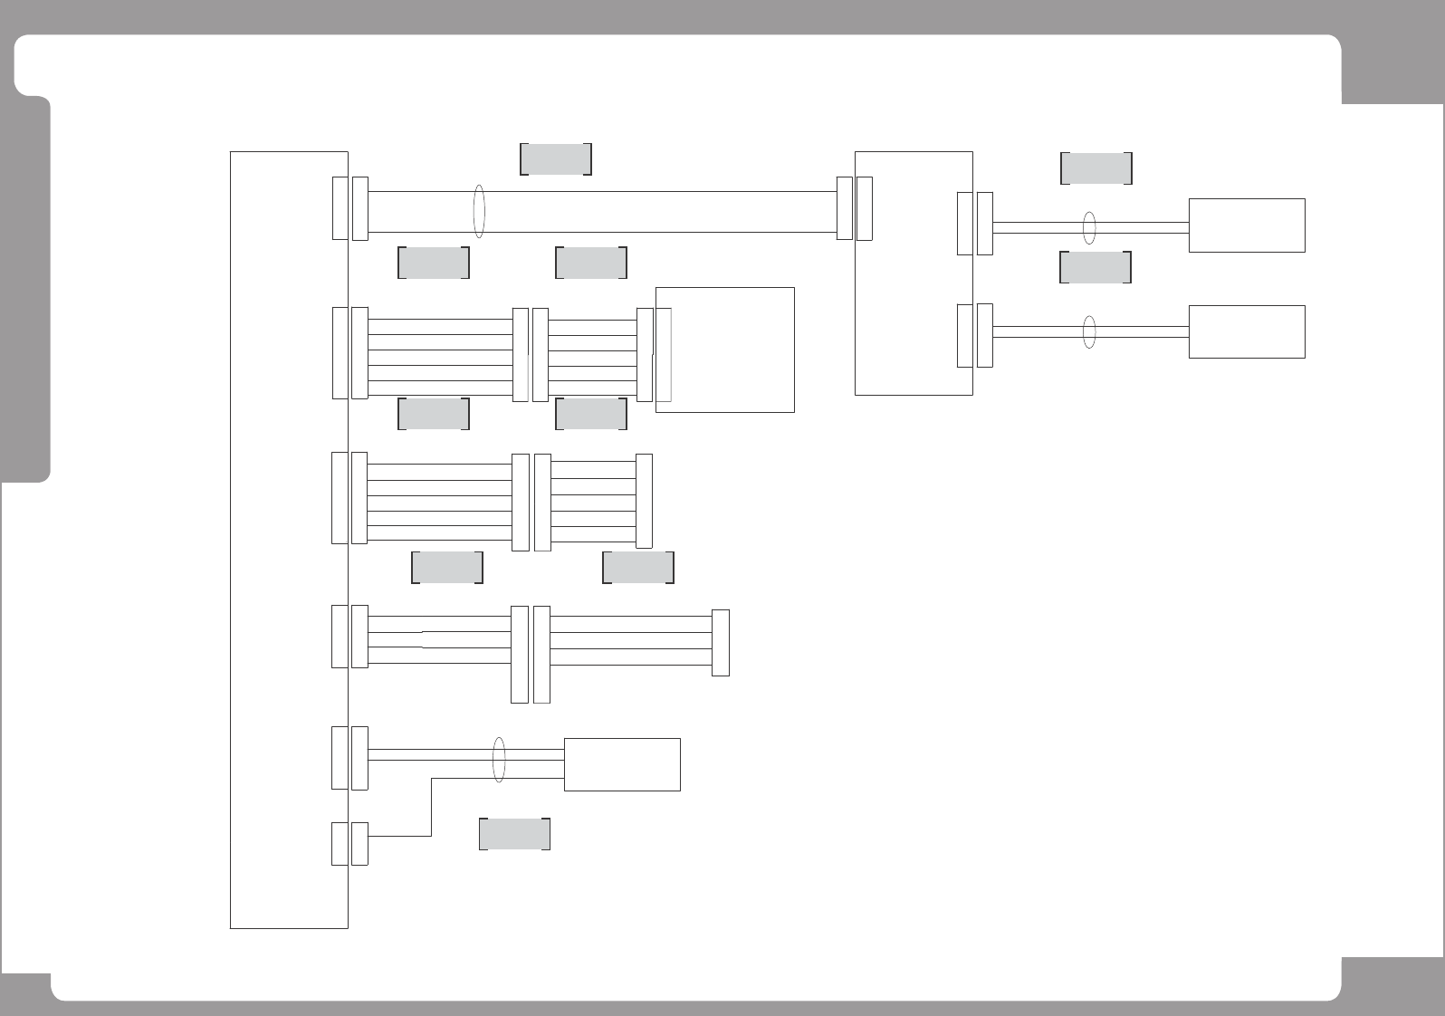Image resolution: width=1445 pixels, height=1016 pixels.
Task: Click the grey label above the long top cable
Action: point(556,158)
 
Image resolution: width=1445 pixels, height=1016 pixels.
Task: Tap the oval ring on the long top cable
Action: point(479,212)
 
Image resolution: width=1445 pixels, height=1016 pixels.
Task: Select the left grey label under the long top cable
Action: point(434,262)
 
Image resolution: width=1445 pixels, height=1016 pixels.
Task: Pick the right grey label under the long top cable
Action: point(591,262)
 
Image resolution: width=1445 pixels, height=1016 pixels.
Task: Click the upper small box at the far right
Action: point(1246,225)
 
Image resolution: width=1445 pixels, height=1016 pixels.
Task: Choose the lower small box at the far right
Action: point(1246,331)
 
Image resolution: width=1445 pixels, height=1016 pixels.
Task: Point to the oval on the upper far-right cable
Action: point(1089,228)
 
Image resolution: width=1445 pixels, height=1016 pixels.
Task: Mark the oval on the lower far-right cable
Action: point(1089,332)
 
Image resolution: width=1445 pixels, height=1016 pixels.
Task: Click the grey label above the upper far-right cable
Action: point(1096,168)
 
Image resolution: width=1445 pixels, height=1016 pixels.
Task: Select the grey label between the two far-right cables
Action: point(1096,267)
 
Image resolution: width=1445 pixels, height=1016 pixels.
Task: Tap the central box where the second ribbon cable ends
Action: point(724,350)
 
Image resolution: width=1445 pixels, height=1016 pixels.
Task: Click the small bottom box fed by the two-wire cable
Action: point(622,764)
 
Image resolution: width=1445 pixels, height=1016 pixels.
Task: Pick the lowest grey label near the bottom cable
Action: point(514,834)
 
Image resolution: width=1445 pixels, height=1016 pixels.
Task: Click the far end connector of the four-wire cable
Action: point(721,643)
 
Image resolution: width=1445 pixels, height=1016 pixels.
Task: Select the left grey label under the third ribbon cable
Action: point(447,567)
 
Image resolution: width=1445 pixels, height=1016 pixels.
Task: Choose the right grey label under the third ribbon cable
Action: point(638,567)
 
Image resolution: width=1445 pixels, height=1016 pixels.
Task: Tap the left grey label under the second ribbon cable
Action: point(434,413)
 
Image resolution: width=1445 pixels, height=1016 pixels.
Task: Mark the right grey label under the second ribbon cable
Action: point(591,413)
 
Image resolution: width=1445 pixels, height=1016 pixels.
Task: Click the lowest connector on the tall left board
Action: point(340,843)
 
